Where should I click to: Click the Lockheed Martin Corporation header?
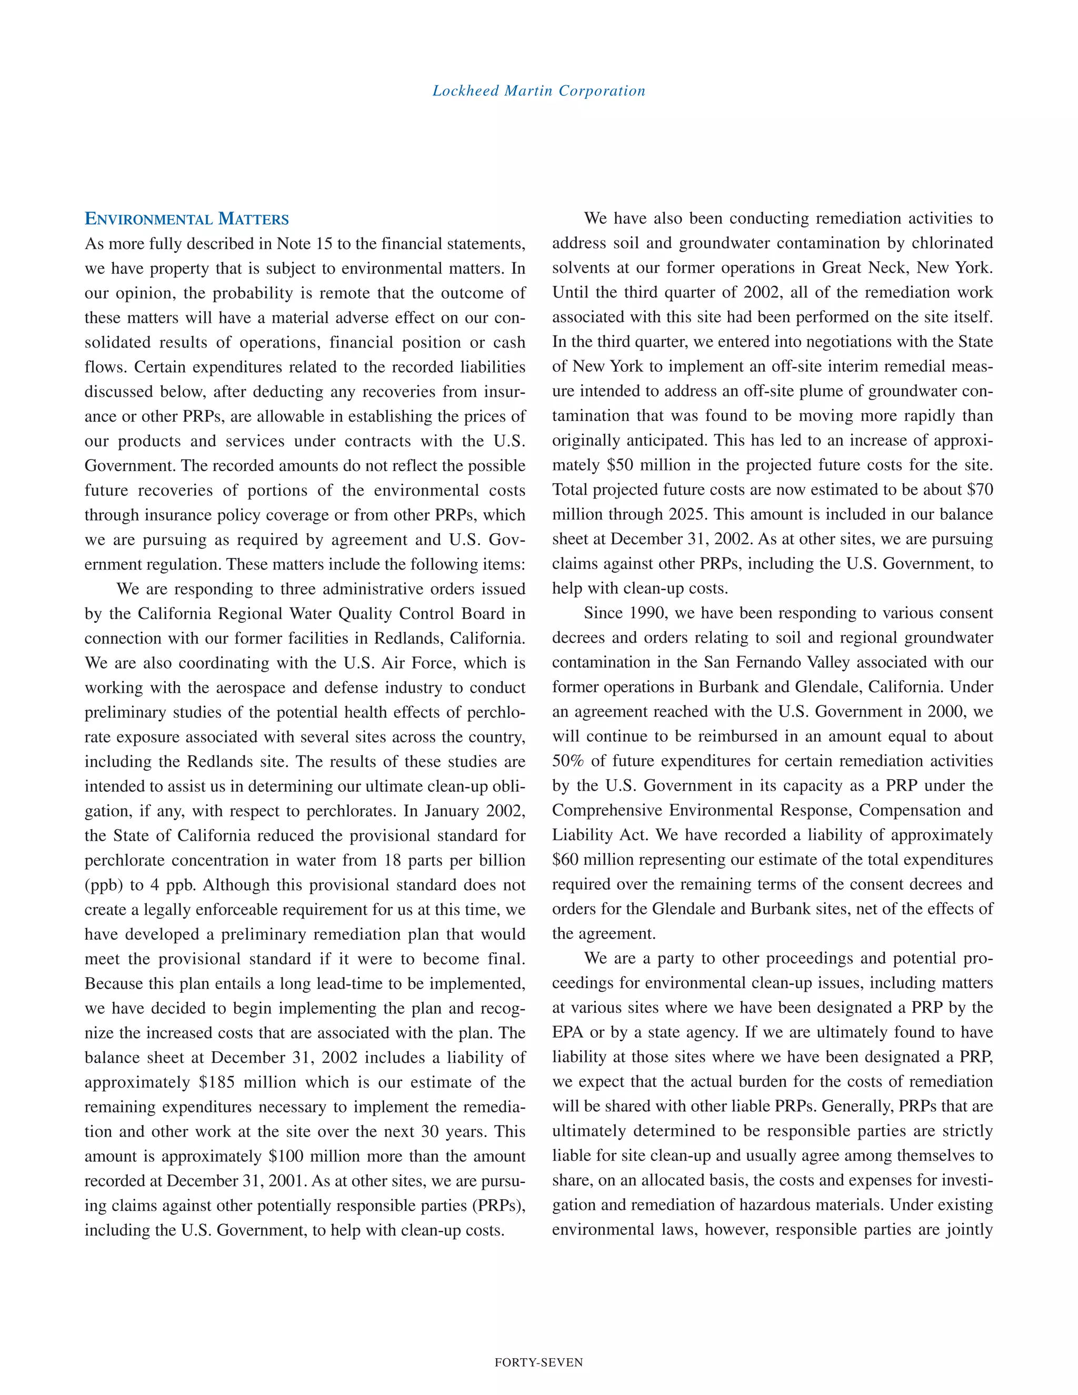coord(538,91)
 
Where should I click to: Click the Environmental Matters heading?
coord(186,219)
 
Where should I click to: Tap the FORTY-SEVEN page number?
coord(538,1362)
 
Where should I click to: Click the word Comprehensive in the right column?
coord(607,811)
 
